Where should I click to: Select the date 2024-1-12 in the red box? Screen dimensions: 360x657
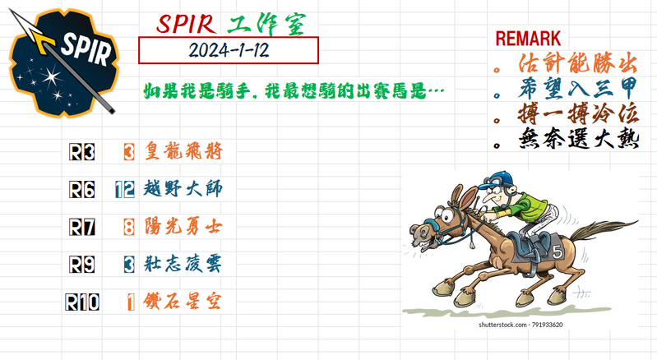[229, 50]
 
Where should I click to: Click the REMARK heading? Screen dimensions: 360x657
[529, 38]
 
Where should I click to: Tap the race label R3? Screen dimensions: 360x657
[82, 152]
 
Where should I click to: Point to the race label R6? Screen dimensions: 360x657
[82, 190]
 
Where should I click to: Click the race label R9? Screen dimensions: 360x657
[82, 265]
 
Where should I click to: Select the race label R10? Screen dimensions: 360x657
[82, 302]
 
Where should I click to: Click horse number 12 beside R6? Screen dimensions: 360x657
[125, 190]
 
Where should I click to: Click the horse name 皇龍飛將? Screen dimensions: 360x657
[183, 152]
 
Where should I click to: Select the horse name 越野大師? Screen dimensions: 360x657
[183, 190]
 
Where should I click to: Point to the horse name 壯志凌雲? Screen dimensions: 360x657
[183, 265]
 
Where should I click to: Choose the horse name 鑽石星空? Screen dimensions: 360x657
[183, 302]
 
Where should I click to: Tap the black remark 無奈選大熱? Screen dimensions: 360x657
[578, 139]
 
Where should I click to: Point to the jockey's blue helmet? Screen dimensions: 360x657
[493, 178]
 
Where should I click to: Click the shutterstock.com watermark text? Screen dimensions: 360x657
[521, 325]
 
